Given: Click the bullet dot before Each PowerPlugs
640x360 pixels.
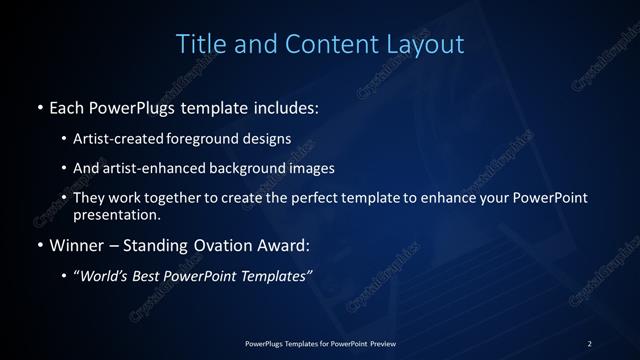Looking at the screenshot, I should [39, 105].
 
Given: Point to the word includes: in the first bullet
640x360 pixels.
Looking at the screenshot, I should [289, 105].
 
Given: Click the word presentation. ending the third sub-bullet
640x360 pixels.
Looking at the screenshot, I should [116, 214].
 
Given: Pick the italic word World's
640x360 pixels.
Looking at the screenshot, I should [107, 276].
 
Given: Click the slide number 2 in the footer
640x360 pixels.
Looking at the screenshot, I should [589, 343].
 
